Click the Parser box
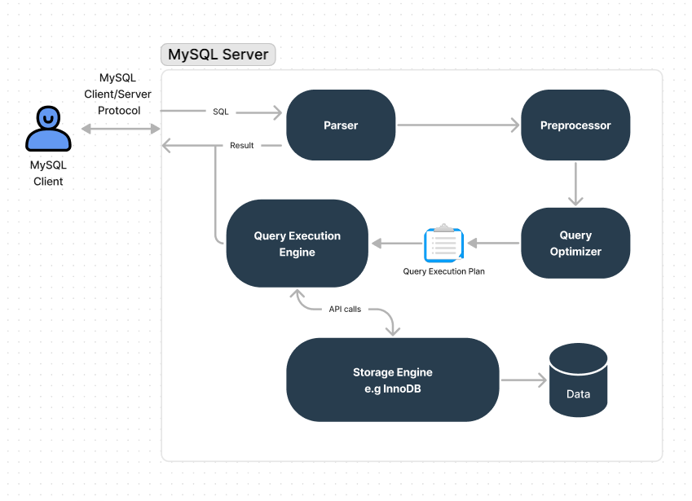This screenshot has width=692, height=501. pyautogui.click(x=341, y=125)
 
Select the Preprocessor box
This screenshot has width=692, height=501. pyautogui.click(x=575, y=125)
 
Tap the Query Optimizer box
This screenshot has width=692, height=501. pyautogui.click(x=575, y=243)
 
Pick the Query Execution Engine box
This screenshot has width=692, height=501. pyautogui.click(x=297, y=244)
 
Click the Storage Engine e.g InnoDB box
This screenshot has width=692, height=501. pyautogui.click(x=392, y=380)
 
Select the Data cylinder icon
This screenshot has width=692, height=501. pyautogui.click(x=578, y=380)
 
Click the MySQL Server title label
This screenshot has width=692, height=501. pyautogui.click(x=218, y=55)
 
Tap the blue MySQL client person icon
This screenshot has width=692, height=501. pyautogui.click(x=48, y=129)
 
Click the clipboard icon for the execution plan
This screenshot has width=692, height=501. pyautogui.click(x=443, y=244)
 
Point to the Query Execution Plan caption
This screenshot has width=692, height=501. pyautogui.click(x=443, y=271)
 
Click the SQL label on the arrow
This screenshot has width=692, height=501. pyautogui.click(x=221, y=112)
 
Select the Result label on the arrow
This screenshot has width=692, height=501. pyautogui.click(x=241, y=146)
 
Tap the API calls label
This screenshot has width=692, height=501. pyautogui.click(x=345, y=310)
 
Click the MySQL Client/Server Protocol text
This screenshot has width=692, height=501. pyautogui.click(x=118, y=94)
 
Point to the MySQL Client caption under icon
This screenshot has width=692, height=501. pyautogui.click(x=48, y=173)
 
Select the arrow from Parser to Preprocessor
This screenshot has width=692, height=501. pyautogui.click(x=457, y=125)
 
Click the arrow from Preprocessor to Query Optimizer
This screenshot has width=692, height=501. pyautogui.click(x=575, y=183)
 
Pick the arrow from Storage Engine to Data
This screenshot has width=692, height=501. pyautogui.click(x=523, y=380)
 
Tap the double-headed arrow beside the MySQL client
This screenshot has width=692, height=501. pyautogui.click(x=121, y=129)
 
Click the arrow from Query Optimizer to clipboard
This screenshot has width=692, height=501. pyautogui.click(x=493, y=243)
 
